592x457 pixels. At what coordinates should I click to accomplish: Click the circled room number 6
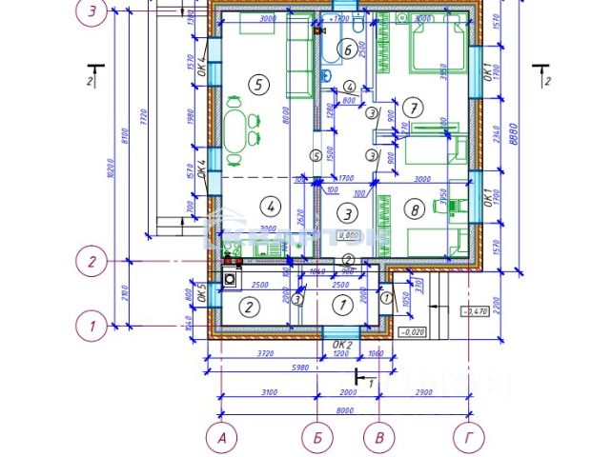[348, 50]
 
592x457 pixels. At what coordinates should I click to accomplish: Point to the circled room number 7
[412, 106]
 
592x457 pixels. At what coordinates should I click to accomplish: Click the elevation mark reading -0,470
[474, 311]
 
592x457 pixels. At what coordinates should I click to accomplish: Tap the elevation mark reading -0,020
[413, 332]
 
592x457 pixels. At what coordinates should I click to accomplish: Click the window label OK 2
[342, 345]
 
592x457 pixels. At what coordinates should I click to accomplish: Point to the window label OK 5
[202, 291]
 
